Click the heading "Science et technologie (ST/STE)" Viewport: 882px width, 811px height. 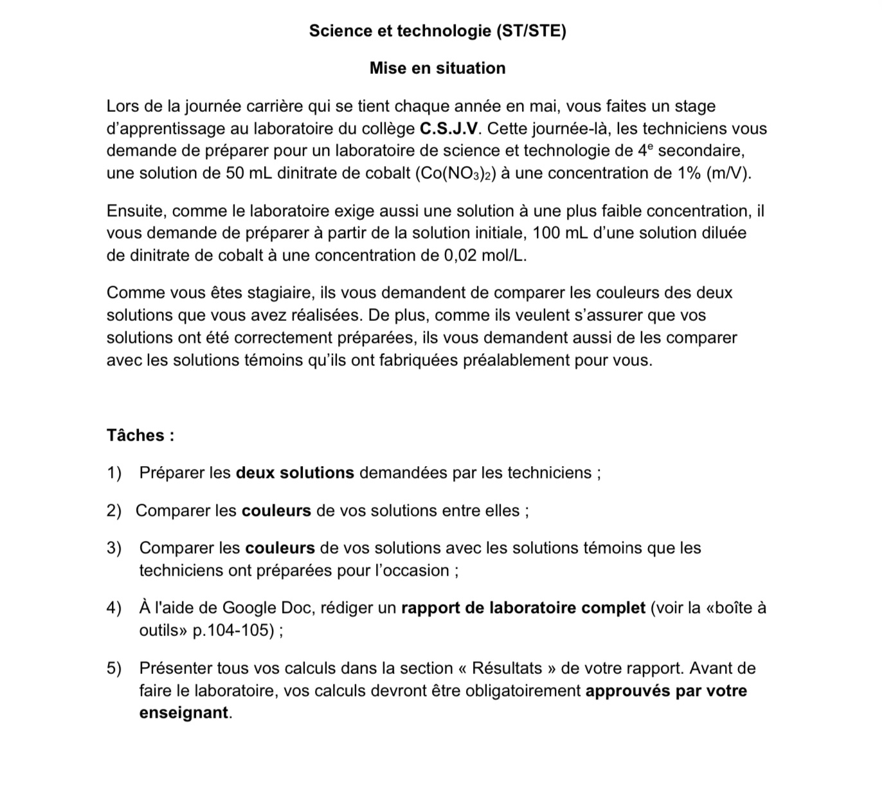click(x=437, y=31)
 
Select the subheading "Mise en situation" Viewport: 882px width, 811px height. click(x=437, y=68)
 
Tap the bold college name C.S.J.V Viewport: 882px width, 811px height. click(x=449, y=129)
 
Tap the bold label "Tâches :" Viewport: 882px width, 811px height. click(x=140, y=435)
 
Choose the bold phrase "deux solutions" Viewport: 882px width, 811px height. click(x=295, y=473)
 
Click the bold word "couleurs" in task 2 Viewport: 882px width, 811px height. click(x=276, y=511)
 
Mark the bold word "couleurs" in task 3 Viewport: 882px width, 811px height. click(x=280, y=549)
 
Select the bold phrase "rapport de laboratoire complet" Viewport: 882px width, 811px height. click(x=523, y=608)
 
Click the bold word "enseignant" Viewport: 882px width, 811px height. click(x=183, y=713)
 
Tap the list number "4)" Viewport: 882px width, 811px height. click(x=114, y=608)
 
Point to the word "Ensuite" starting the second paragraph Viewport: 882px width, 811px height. click(x=137, y=212)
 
